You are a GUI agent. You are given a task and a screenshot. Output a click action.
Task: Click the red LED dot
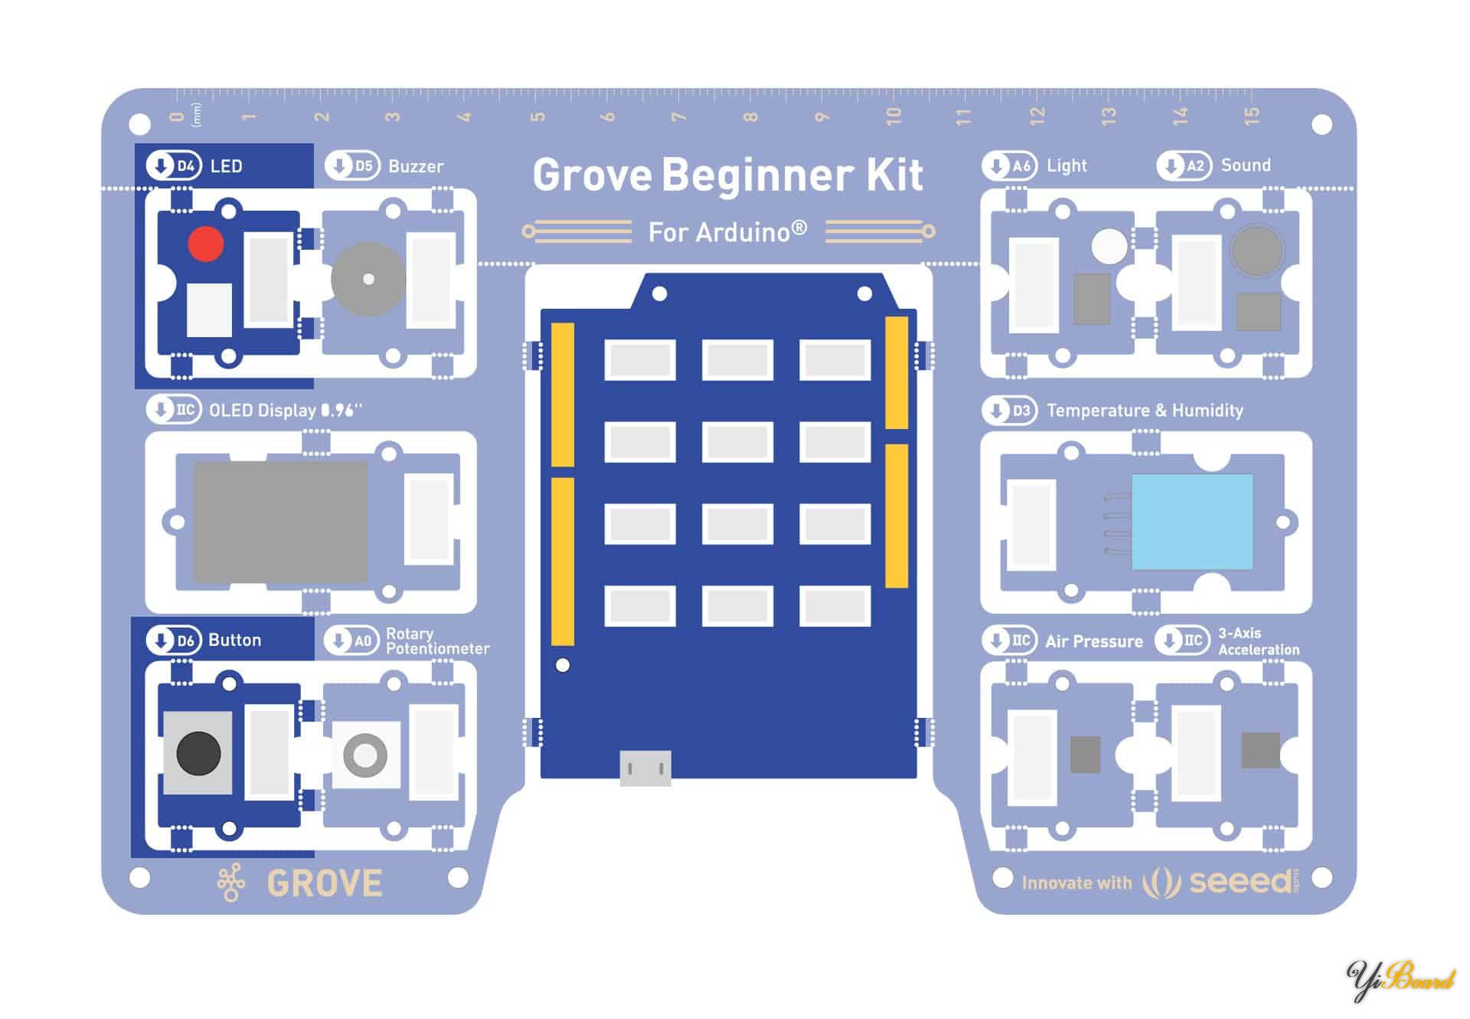click(205, 244)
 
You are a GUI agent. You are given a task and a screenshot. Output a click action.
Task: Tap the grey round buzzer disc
click(368, 279)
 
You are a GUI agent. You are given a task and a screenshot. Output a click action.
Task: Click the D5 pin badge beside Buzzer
click(352, 165)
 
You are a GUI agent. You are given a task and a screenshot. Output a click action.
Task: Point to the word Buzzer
click(416, 166)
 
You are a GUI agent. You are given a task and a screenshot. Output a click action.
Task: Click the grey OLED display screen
click(280, 521)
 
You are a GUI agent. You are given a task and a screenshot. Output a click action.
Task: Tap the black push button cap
click(198, 752)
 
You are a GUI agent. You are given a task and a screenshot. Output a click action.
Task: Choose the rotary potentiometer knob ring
click(365, 755)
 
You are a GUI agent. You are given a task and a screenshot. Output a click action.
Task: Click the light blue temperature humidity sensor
click(1191, 521)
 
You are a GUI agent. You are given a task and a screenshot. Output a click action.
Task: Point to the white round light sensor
click(1109, 246)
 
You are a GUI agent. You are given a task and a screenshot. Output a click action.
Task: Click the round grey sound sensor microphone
click(1256, 251)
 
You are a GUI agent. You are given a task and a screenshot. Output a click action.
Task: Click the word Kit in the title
click(894, 175)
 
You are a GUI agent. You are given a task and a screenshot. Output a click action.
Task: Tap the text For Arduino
click(727, 231)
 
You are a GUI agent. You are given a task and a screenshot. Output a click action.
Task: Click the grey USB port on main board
click(645, 768)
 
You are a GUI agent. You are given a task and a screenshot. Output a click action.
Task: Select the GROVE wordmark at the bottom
click(325, 883)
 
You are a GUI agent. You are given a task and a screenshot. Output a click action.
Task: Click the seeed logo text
click(1240, 882)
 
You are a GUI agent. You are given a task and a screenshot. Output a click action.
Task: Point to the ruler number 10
click(893, 116)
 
